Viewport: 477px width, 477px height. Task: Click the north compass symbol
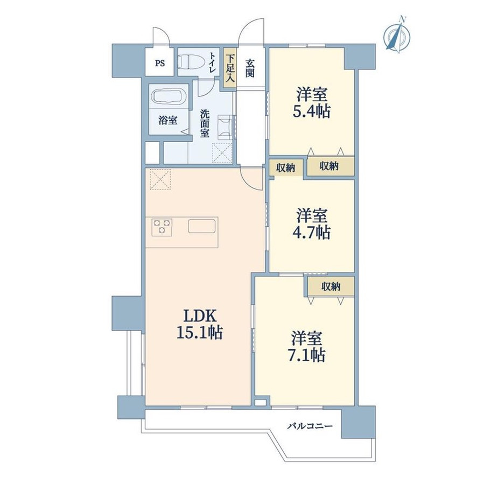(397, 36)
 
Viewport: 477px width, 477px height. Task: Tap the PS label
(160, 64)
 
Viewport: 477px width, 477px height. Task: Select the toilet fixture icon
(188, 62)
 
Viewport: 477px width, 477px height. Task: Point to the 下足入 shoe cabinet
(230, 68)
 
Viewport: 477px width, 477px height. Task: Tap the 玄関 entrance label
(250, 69)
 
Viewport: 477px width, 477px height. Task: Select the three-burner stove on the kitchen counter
(162, 227)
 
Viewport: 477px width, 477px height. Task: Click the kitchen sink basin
(202, 226)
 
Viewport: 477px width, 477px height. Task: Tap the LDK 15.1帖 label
(200, 324)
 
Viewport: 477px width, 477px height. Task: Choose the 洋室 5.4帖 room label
(312, 103)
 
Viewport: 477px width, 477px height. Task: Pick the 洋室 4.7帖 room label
(312, 224)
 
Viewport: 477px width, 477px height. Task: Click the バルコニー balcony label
(310, 426)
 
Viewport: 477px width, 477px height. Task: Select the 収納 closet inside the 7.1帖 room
(331, 286)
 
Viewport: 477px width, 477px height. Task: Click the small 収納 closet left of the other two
(286, 167)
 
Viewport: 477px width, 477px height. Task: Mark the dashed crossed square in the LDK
(160, 179)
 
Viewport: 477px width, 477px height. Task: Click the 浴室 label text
(167, 121)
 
